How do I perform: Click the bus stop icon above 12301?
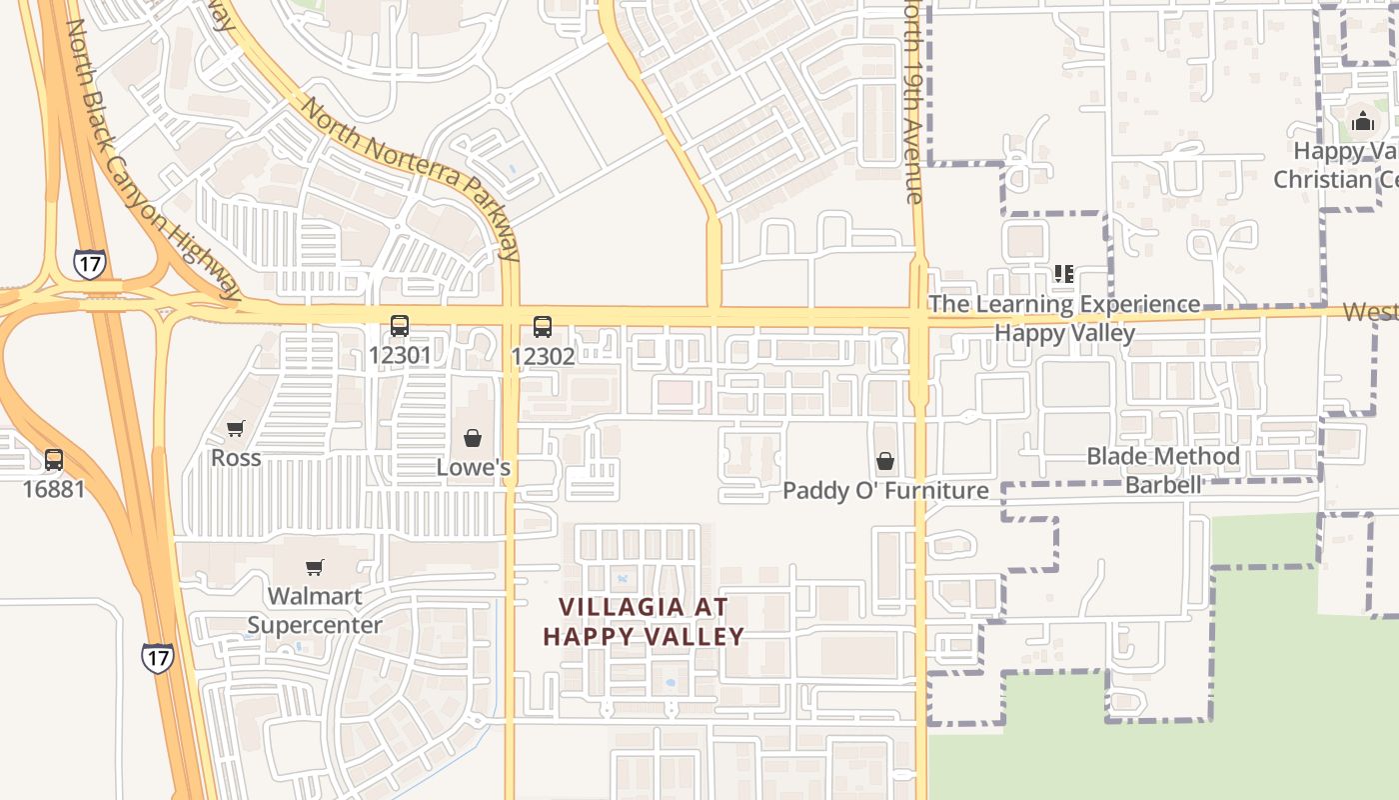coord(400,326)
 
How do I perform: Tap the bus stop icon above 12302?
coord(543,327)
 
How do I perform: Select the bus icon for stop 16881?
coord(54,461)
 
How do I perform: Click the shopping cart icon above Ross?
coord(236,429)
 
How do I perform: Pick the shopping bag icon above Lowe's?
coord(473,438)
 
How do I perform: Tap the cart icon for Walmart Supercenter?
coord(315,568)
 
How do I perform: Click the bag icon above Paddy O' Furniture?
coord(885,461)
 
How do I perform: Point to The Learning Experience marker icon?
coord(1064,273)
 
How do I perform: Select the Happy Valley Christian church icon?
coord(1363,123)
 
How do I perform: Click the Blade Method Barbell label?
coord(1163,470)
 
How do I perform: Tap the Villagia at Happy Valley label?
coord(644,621)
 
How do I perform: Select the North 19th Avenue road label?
coord(912,100)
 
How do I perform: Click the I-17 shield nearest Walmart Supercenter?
coord(157,657)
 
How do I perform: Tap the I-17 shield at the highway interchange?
coord(89,264)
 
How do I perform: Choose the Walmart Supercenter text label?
coord(315,610)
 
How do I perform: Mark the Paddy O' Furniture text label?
coord(885,490)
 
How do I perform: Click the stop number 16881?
coord(54,489)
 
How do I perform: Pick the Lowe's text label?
coord(474,467)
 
